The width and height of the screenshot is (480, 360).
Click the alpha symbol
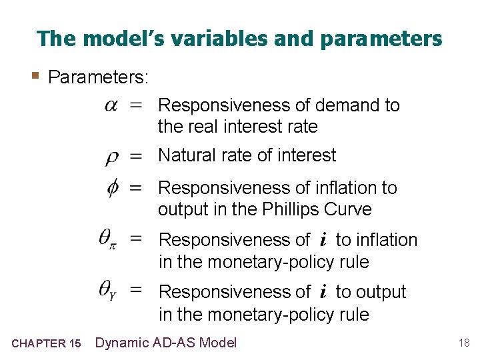pyautogui.click(x=111, y=105)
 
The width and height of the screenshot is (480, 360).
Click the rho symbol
pyautogui.click(x=113, y=157)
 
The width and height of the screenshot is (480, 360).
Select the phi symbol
pyautogui.click(x=113, y=188)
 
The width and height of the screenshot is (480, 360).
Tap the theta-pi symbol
pyautogui.click(x=109, y=238)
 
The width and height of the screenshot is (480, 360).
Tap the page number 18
pyautogui.click(x=464, y=343)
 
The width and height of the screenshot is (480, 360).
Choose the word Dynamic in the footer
pyautogui.click(x=122, y=343)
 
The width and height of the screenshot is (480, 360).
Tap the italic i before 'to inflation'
pyautogui.click(x=323, y=240)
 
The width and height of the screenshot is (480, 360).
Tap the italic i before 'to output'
pyautogui.click(x=323, y=292)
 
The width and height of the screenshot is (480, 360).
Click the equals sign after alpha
pyautogui.click(x=136, y=105)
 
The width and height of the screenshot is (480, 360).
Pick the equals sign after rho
pyautogui.click(x=136, y=157)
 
